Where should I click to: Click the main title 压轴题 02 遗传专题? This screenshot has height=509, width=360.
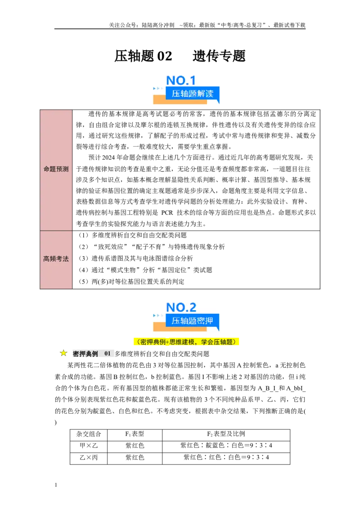click(x=180, y=56)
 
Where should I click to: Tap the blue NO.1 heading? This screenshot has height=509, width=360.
click(x=181, y=80)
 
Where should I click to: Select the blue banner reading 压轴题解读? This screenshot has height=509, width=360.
click(x=192, y=94)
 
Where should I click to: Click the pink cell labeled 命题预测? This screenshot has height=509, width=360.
click(x=56, y=169)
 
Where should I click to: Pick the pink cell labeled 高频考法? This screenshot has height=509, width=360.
click(x=56, y=259)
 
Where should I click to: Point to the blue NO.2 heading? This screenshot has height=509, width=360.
click(x=181, y=307)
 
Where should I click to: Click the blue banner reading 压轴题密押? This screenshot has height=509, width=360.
click(x=192, y=321)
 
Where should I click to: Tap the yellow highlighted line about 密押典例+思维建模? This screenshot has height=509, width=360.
click(x=186, y=341)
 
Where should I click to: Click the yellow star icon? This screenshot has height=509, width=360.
click(x=63, y=353)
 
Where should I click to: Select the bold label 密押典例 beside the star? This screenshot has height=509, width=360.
click(x=85, y=353)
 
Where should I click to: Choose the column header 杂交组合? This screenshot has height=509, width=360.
click(x=89, y=434)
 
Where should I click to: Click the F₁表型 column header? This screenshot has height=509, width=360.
click(x=135, y=434)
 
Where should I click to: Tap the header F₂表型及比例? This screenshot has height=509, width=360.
click(x=226, y=434)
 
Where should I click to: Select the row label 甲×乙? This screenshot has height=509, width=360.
click(x=89, y=446)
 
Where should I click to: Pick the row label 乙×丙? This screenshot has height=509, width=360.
click(x=89, y=457)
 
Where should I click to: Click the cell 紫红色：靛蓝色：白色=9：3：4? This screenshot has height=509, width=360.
click(x=226, y=445)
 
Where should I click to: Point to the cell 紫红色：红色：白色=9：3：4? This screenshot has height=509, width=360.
click(x=226, y=457)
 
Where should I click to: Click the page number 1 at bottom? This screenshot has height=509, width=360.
click(x=56, y=485)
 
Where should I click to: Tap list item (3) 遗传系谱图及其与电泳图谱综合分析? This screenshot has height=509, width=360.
click(x=135, y=259)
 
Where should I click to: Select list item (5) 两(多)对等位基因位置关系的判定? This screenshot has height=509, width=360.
click(x=131, y=281)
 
